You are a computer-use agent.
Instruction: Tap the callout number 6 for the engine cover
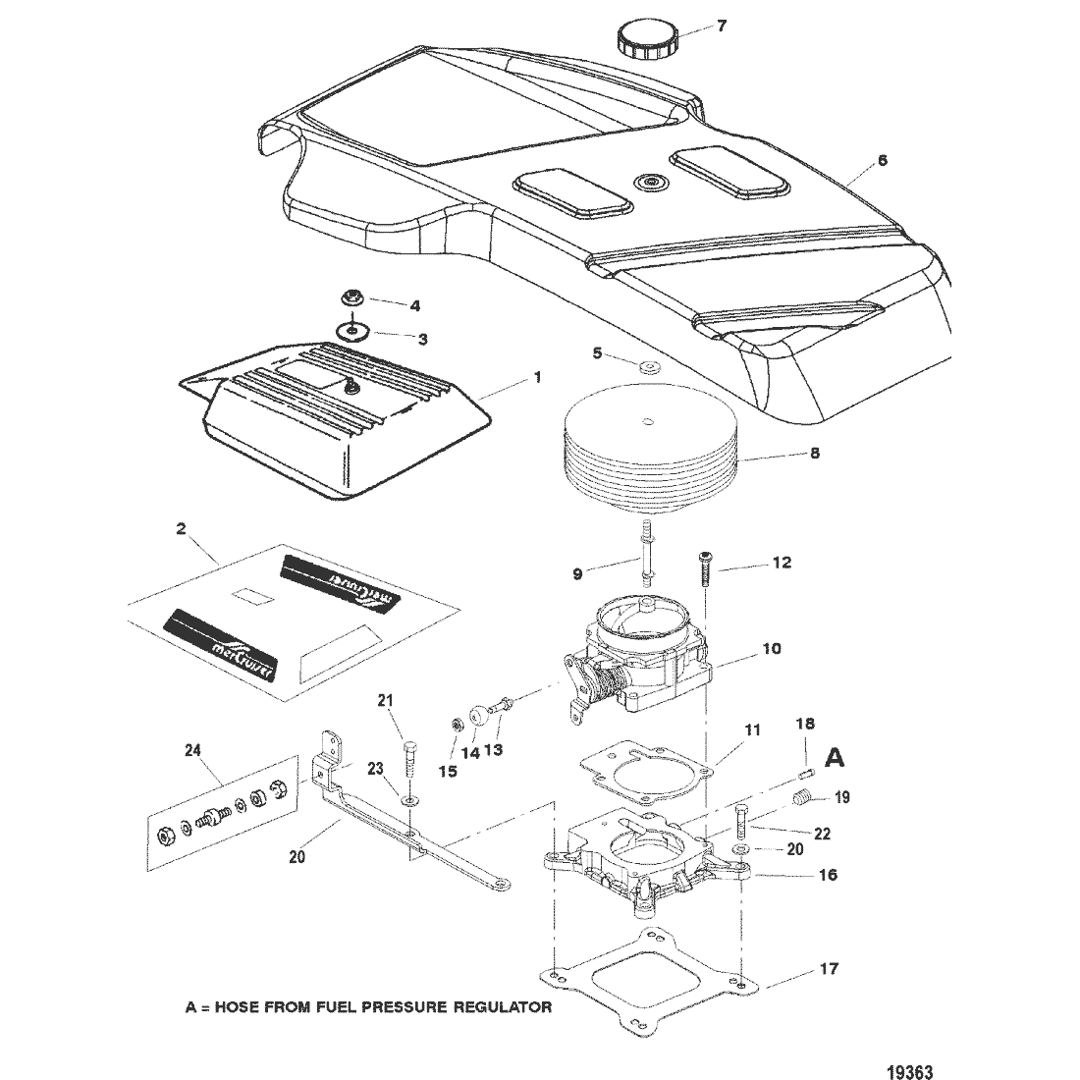coord(882,160)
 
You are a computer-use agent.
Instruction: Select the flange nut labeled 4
coord(351,297)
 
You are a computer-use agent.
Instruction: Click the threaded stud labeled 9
coord(648,555)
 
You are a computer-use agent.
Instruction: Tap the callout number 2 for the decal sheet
coord(181,528)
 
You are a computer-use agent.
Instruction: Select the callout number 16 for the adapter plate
coord(828,874)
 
